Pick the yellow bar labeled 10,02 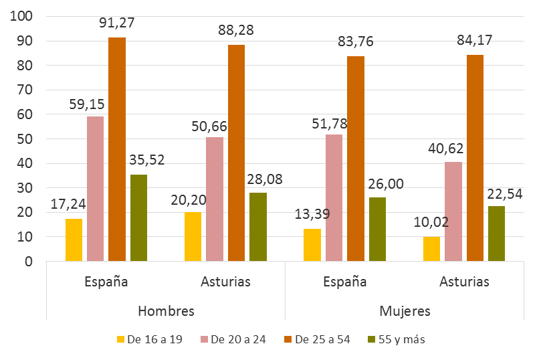tap(431, 249)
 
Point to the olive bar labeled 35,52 tap(138, 217)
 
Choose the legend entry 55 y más tap(397, 339)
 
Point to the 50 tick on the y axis tap(26, 139)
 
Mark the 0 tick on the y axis tap(29, 262)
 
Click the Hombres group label tap(166, 311)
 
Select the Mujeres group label tap(405, 311)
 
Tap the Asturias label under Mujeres tap(464, 282)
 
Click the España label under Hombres tap(106, 282)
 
